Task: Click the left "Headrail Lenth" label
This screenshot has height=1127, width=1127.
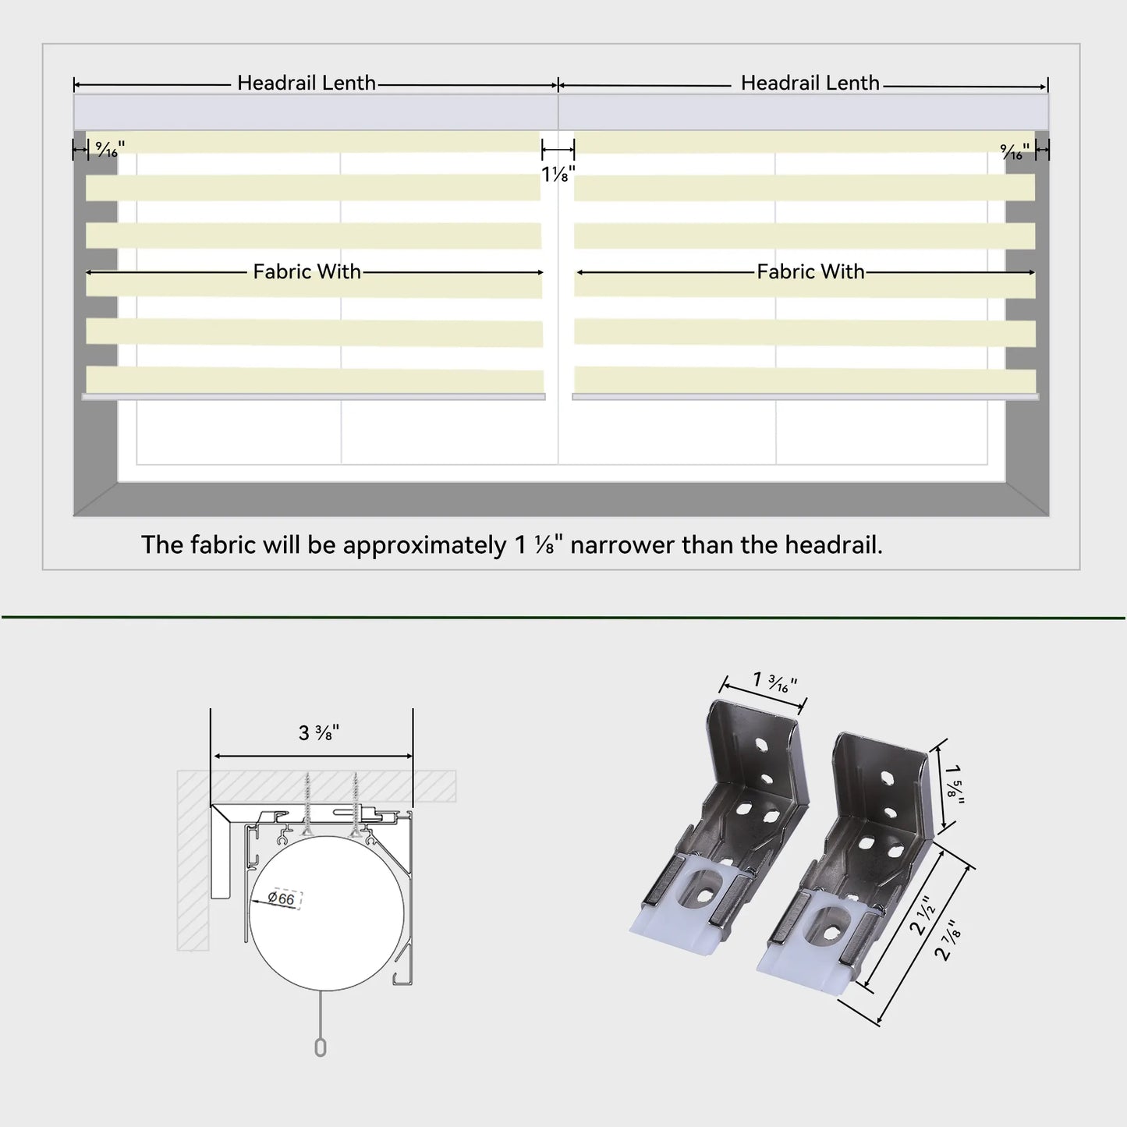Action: tap(306, 83)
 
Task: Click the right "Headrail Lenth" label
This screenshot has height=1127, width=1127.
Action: tap(810, 83)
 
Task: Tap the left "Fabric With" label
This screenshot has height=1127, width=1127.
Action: tap(307, 272)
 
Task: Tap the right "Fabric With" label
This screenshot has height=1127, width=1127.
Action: tap(810, 272)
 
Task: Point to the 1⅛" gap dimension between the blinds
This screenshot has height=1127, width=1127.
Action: tap(558, 174)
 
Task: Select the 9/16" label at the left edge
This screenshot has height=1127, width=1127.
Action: tap(110, 150)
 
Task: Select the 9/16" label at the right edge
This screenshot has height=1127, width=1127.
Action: tap(1015, 151)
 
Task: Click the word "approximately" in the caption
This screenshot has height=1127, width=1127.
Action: tap(424, 546)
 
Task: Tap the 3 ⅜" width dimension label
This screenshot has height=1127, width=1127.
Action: tap(319, 732)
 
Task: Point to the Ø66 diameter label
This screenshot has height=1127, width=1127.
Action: tap(282, 898)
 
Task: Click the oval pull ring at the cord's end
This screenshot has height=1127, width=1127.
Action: tap(321, 1047)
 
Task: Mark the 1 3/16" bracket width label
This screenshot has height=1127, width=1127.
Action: tap(775, 682)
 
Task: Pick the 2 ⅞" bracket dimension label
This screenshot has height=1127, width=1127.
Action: tap(948, 940)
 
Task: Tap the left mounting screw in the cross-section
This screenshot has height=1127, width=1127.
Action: tap(307, 804)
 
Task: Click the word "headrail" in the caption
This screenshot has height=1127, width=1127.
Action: tap(833, 545)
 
